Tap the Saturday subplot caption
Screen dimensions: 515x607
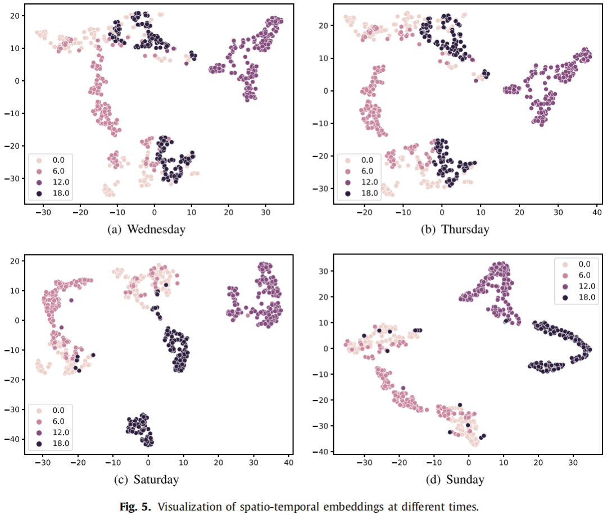[148, 479]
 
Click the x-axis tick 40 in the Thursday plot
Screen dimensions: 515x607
[596, 214]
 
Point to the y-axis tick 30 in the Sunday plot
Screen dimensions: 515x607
[323, 271]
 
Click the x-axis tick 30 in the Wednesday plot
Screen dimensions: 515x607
[265, 214]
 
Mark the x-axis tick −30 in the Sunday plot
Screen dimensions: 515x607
[365, 464]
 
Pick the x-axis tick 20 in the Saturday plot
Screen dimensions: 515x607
[218, 464]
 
